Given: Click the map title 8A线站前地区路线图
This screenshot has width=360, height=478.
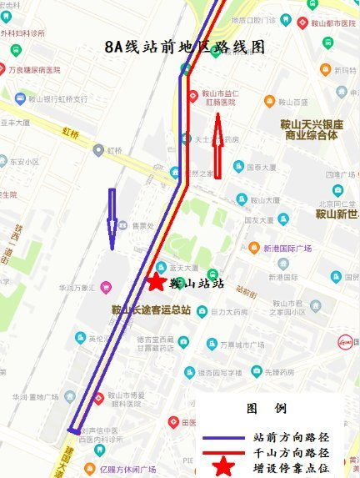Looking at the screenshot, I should point(185,48).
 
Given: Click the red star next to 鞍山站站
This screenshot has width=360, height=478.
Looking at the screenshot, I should point(155,282).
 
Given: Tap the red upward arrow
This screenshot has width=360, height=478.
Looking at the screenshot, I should point(218,147).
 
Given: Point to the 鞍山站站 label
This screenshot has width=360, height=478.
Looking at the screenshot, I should point(197,283).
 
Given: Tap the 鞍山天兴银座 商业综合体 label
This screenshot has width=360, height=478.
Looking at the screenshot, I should point(310,129).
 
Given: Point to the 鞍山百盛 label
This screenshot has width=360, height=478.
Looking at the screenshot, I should point(292,103).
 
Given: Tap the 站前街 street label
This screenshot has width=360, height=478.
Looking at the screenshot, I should point(247,292).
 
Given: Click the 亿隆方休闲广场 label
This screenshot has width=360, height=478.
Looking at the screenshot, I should point(126,469).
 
